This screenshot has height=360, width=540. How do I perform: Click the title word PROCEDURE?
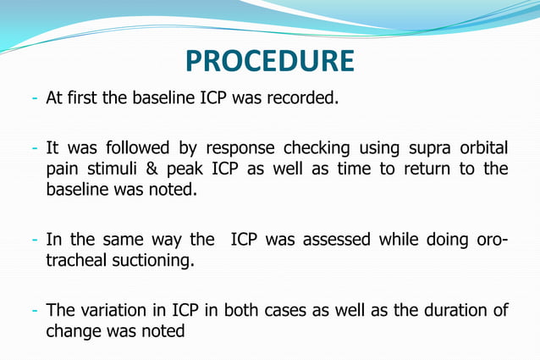(x=269, y=61)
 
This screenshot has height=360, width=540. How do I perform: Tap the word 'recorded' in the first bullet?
(x=304, y=98)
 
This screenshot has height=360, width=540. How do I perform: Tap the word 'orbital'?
(x=483, y=149)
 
